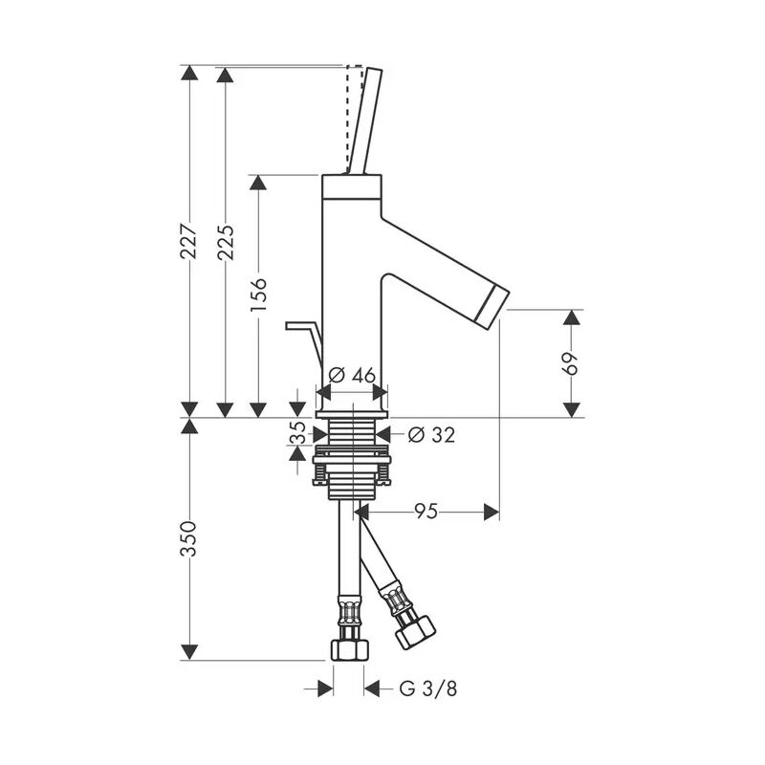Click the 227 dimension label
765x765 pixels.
pos(189,242)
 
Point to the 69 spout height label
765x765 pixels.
pos(572,363)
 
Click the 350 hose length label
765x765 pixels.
pos(189,538)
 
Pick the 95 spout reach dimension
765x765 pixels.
pos(426,513)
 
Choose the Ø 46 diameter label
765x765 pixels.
pos(352,376)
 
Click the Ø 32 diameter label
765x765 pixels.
pos(430,434)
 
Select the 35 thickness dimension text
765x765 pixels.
pos(296,434)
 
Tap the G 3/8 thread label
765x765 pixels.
pos(422,688)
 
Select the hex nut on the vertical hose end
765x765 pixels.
pos(348,649)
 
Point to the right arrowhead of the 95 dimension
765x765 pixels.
pos(492,513)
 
